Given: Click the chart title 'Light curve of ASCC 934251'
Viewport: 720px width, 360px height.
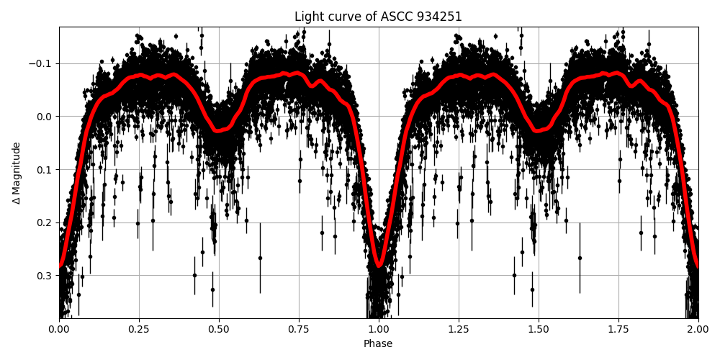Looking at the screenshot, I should (378, 17).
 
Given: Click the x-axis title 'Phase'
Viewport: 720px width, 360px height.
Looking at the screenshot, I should (378, 344).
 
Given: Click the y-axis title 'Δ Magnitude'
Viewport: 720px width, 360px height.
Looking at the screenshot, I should (17, 173).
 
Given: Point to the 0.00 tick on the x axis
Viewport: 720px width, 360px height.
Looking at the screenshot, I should (59, 329).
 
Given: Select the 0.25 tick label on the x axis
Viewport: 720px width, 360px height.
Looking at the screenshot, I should (139, 329).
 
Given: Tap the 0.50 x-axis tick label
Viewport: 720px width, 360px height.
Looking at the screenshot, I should (219, 329).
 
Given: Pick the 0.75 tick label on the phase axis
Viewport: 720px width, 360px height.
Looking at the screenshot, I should (299, 329).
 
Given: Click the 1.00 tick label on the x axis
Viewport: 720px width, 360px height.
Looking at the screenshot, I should (379, 329).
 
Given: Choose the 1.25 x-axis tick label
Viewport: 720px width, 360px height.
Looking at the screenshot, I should (459, 329).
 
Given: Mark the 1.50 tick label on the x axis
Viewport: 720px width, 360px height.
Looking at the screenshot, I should (539, 329).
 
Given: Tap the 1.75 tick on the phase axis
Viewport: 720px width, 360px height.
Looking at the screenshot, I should (618, 329).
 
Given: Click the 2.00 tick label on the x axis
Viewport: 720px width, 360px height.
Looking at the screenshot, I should (698, 329).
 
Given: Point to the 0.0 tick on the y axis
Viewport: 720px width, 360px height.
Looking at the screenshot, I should (46, 117).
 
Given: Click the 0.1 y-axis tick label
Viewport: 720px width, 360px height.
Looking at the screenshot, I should (46, 169).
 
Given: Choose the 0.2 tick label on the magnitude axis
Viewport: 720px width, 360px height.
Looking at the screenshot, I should (46, 222).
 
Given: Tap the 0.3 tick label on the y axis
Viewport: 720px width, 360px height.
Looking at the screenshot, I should (46, 275).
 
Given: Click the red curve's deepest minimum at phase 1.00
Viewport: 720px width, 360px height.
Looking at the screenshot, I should (379, 266).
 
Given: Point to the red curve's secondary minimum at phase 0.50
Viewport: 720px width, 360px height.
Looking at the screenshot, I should (219, 131).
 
